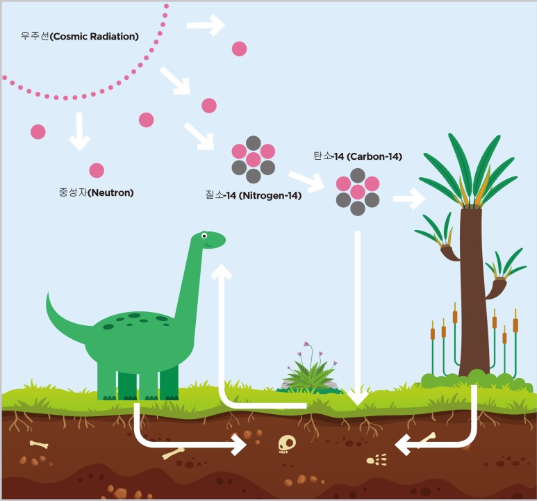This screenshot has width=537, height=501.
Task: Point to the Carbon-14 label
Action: click(357, 156)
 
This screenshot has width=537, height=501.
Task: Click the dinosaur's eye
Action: click(205, 236)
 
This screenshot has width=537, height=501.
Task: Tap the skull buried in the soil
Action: click(286, 443)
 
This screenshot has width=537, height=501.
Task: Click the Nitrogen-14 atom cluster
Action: click(253, 159)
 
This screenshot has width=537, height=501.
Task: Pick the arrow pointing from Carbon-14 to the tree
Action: click(408, 199)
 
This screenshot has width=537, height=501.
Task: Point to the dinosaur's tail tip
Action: click(49, 296)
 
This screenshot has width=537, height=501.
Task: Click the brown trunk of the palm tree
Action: click(474, 292)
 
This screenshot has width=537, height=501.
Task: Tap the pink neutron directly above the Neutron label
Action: click(97, 170)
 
